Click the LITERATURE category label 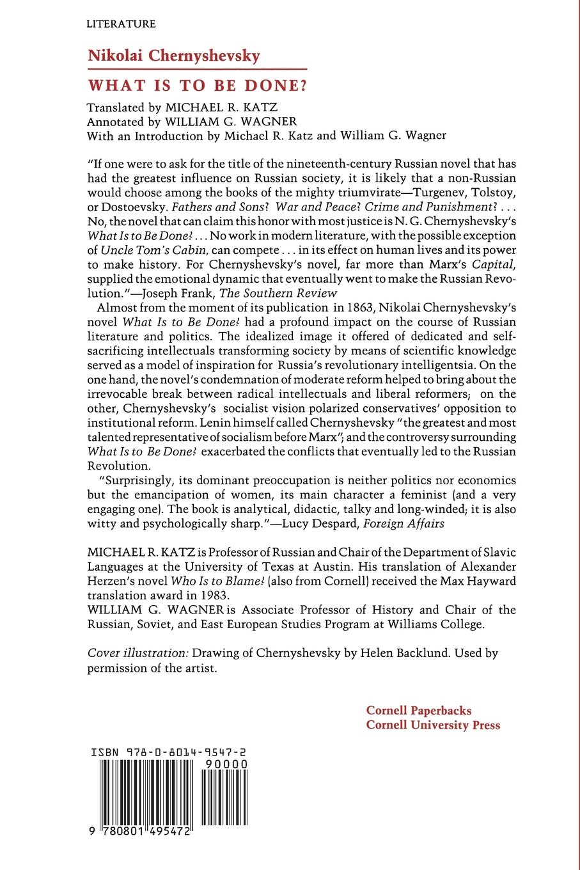point(121,24)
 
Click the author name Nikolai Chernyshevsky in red point(174,56)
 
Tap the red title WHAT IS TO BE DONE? point(198,86)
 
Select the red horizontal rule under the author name point(197,68)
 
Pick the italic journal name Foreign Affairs point(404,524)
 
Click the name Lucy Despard point(320,524)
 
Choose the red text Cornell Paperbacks point(419,711)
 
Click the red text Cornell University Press point(433,725)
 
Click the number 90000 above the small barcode point(225,764)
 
